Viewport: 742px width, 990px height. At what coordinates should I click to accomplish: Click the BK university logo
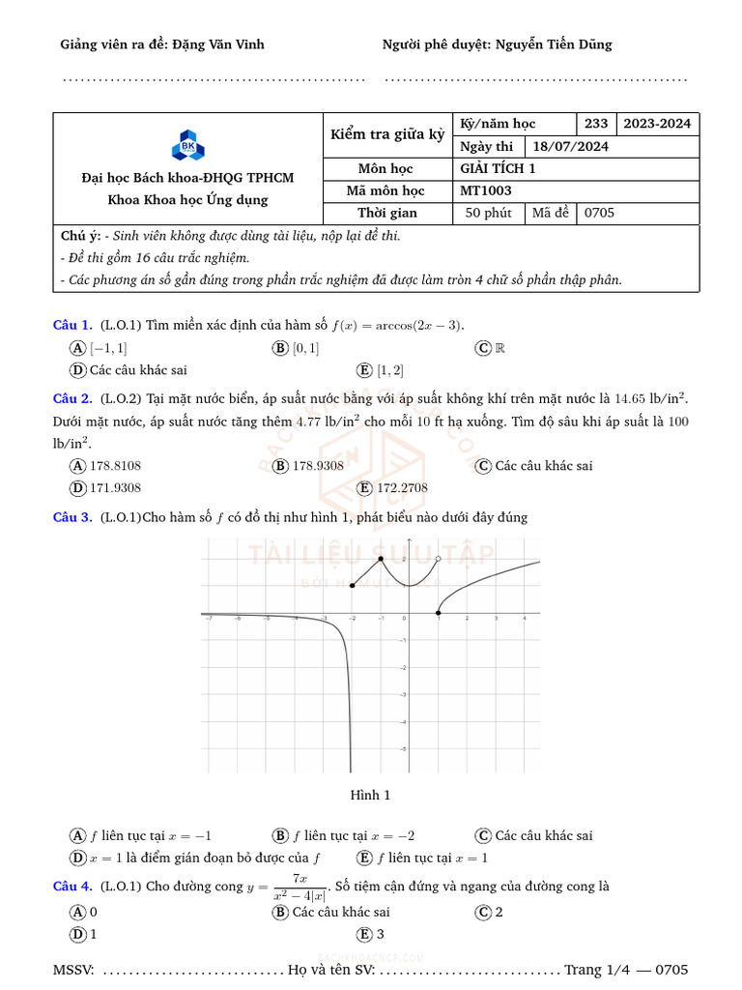point(187,148)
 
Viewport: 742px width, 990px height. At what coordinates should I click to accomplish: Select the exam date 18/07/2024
point(570,147)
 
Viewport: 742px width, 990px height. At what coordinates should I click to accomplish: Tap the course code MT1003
point(486,190)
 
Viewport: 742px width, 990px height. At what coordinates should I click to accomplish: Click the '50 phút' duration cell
point(489,213)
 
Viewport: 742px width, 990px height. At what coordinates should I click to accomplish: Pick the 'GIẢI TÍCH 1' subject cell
point(498,169)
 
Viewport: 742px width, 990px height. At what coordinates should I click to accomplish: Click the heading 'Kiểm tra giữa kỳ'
point(387,134)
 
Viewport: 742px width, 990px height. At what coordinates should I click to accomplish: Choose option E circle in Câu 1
point(364,370)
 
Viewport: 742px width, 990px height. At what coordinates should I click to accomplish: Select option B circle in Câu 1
point(280,348)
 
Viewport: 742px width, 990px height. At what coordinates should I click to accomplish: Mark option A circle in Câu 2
point(77,466)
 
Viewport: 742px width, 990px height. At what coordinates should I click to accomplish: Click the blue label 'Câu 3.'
point(72,517)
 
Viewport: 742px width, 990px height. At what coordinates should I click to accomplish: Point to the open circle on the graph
point(439,559)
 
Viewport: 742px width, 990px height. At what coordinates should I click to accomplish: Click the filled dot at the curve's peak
point(381,559)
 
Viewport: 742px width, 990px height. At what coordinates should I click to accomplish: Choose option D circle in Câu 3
point(77,858)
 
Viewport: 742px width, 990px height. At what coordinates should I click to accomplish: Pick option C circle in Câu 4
point(483,912)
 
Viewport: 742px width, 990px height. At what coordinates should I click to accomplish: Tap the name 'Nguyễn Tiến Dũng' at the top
point(554,44)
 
